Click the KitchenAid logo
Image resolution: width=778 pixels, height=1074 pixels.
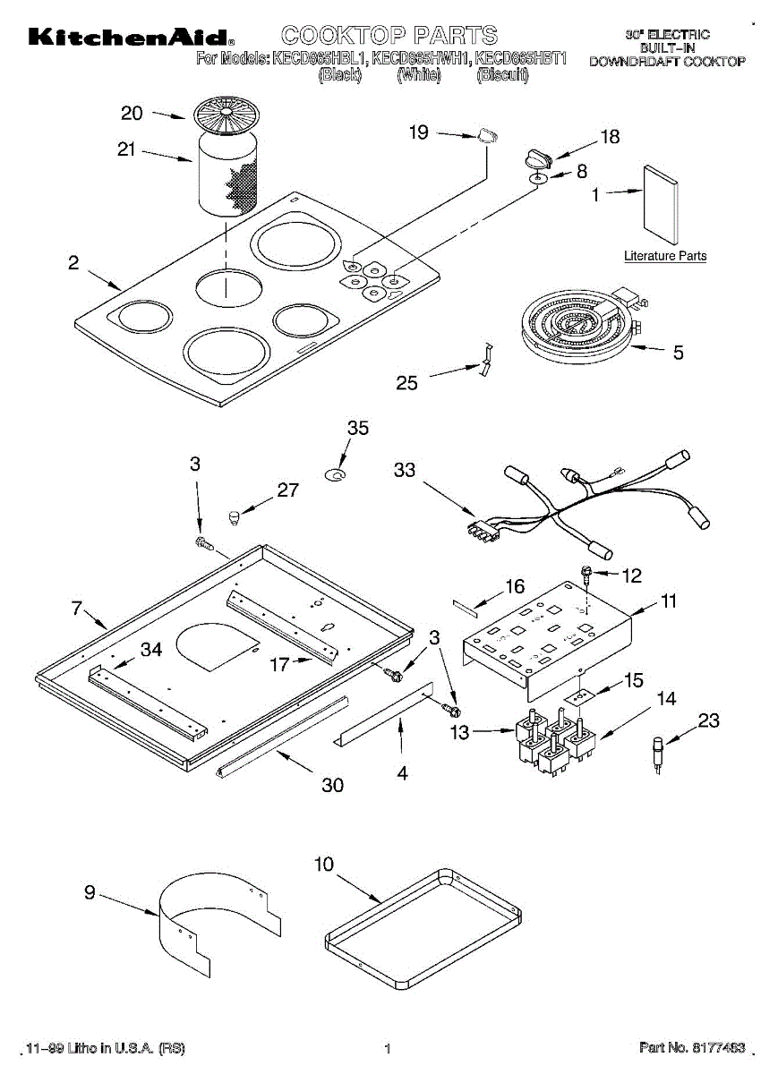(131, 38)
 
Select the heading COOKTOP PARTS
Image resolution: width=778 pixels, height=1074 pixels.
(389, 36)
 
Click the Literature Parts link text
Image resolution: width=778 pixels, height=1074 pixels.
(665, 256)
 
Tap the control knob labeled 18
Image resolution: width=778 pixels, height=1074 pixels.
(539, 158)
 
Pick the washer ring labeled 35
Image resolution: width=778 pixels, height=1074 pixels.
(337, 476)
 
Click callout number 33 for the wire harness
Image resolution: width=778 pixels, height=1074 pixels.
(405, 469)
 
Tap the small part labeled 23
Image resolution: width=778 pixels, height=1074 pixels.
(658, 747)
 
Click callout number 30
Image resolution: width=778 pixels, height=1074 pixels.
(333, 785)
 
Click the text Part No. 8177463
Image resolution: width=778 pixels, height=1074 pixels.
(691, 1047)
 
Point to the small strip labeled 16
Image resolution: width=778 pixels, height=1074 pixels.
(467, 605)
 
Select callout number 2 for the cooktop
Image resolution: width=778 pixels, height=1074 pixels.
(73, 262)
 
